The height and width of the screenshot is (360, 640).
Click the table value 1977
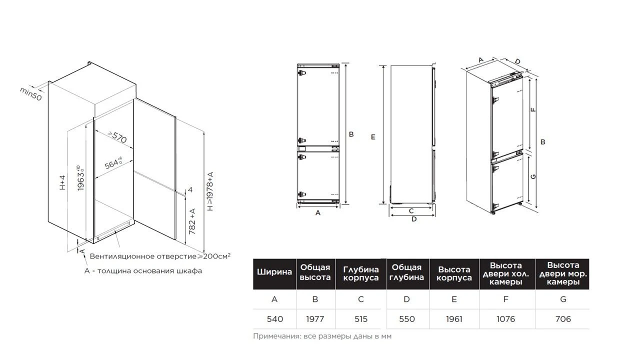(x=315, y=319)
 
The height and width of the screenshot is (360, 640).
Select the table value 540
(x=275, y=319)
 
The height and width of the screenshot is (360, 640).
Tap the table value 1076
(x=505, y=319)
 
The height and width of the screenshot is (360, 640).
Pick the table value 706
(x=563, y=319)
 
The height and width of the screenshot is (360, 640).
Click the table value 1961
(x=454, y=319)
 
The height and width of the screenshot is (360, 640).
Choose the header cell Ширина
(x=274, y=271)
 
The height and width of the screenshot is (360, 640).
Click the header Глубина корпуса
(x=361, y=273)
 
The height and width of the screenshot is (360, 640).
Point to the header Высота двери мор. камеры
(x=563, y=273)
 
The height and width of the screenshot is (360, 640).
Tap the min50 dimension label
(x=31, y=93)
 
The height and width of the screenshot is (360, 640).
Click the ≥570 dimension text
(x=117, y=137)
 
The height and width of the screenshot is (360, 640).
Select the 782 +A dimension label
(x=192, y=221)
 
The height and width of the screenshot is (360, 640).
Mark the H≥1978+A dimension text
(x=210, y=191)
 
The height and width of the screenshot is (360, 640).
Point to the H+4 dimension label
(x=62, y=182)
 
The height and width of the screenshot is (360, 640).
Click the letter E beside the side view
(x=373, y=137)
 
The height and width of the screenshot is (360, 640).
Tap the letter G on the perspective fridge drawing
(x=533, y=176)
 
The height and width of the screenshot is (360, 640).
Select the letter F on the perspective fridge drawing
(x=533, y=109)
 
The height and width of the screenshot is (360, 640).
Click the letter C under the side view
(x=411, y=211)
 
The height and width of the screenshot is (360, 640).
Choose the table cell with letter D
(x=406, y=299)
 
